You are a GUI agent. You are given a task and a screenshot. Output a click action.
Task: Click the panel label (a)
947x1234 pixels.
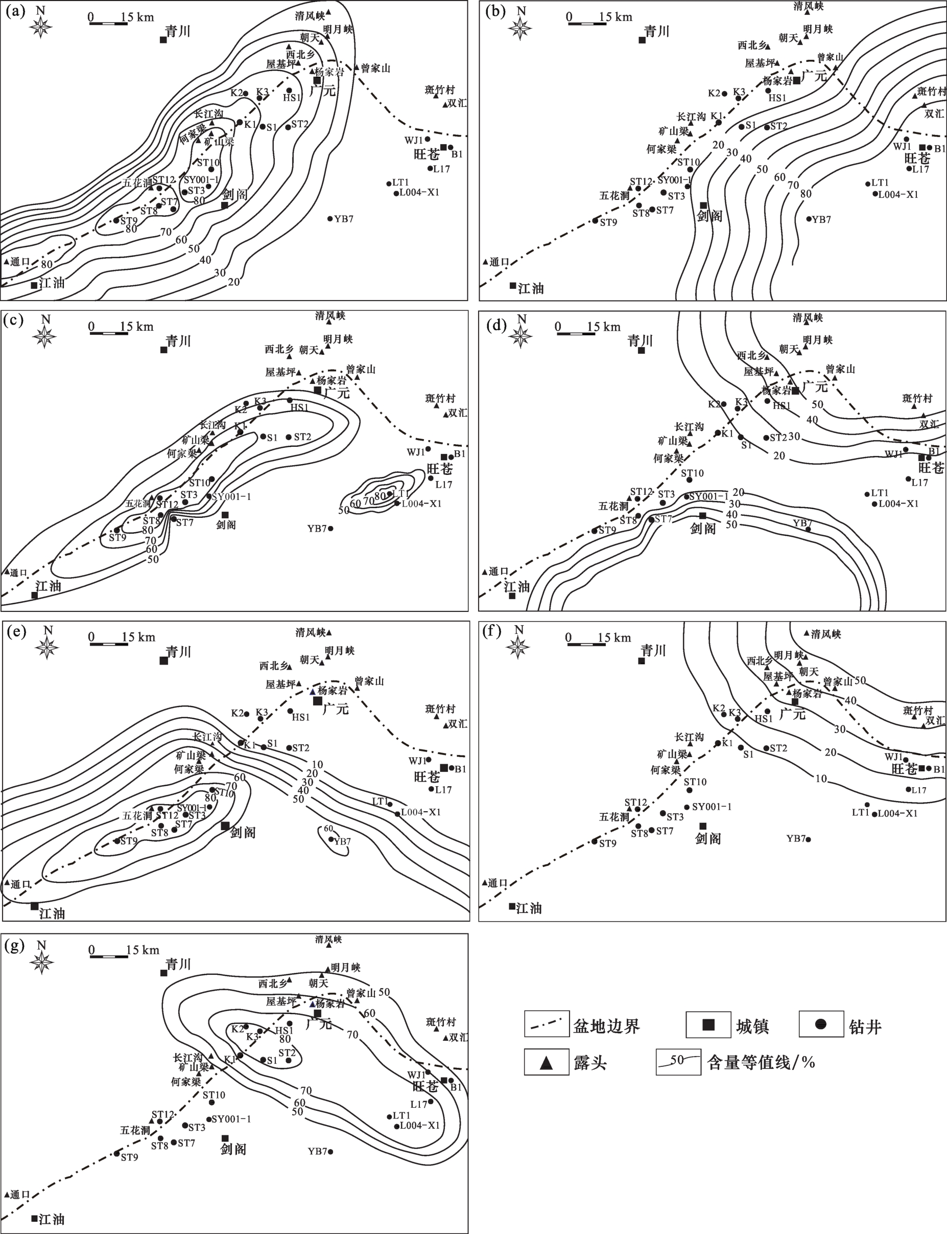click(14, 11)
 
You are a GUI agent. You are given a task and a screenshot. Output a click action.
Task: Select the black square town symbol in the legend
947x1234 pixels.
click(708, 1025)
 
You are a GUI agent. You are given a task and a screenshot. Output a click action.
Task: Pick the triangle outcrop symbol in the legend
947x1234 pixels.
click(546, 1063)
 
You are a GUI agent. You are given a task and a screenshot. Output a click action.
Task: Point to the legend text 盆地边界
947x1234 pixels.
click(606, 1026)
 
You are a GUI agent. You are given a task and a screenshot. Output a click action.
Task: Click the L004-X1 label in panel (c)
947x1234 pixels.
click(420, 503)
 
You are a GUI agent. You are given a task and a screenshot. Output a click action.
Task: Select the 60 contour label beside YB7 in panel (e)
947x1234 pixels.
click(328, 829)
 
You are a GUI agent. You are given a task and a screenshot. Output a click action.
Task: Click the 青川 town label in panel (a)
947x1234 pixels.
click(178, 31)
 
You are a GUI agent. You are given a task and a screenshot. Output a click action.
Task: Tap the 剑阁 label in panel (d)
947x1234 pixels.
click(703, 529)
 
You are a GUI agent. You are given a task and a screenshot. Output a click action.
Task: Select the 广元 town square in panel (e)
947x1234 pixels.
click(317, 700)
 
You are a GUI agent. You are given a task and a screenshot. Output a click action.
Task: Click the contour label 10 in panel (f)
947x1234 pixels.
click(821, 779)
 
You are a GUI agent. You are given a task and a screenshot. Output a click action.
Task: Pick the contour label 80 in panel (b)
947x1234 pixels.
click(806, 193)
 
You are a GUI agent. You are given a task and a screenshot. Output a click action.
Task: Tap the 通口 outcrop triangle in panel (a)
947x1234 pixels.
click(6, 261)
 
